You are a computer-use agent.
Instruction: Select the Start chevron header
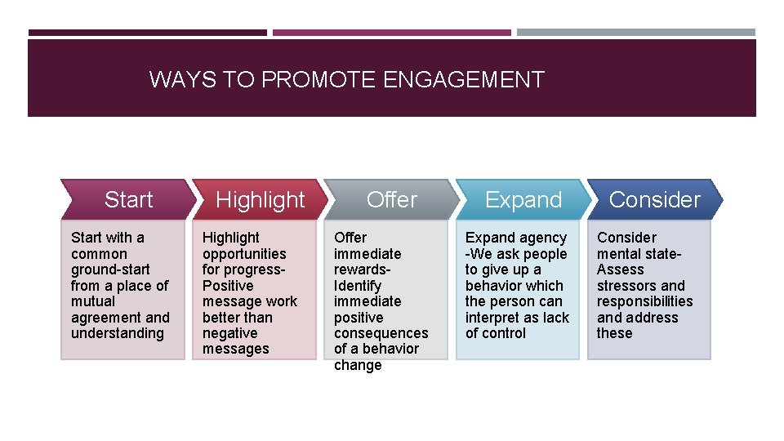tap(128, 200)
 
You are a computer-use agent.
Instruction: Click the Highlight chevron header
tap(260, 200)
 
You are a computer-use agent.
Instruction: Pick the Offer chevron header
tap(392, 200)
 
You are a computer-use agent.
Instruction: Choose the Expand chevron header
tap(523, 200)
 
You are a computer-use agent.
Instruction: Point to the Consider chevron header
tap(654, 200)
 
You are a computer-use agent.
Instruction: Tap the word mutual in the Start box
tap(93, 301)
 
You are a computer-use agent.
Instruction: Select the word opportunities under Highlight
tap(244, 254)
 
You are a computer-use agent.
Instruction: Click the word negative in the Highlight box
tap(229, 333)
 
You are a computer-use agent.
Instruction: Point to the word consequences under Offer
tap(381, 333)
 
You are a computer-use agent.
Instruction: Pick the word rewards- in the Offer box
tap(362, 269)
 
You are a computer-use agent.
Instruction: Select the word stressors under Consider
tap(626, 286)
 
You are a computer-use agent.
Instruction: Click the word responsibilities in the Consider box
tap(644, 301)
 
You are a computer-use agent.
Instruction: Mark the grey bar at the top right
tap(636, 33)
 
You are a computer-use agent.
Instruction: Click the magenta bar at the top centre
tap(392, 33)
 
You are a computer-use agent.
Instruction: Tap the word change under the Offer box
tap(358, 365)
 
